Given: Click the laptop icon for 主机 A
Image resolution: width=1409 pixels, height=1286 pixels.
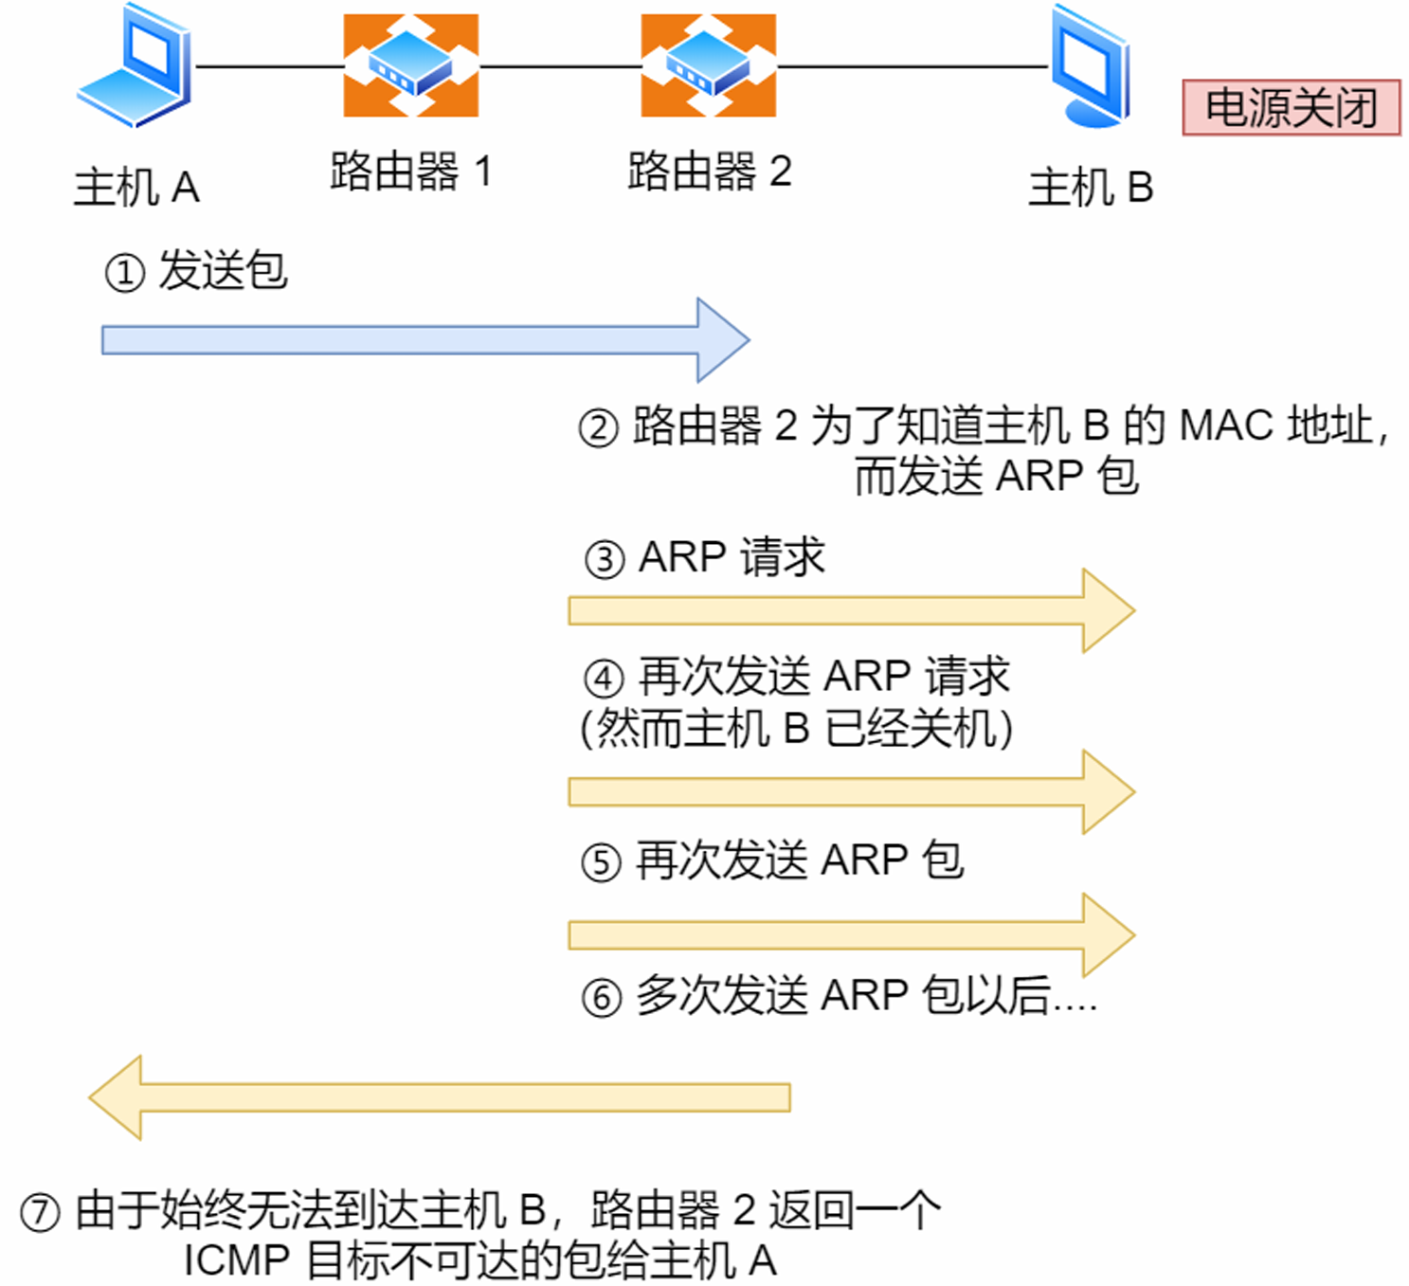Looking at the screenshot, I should click(x=135, y=66).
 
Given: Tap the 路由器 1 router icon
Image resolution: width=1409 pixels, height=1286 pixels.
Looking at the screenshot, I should click(x=410, y=65).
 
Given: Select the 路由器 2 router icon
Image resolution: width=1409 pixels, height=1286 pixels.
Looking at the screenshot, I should click(x=708, y=65).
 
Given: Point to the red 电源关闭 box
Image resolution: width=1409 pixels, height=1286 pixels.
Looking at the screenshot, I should click(x=1291, y=107).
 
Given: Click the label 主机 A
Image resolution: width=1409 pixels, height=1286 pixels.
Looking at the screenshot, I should click(x=136, y=187).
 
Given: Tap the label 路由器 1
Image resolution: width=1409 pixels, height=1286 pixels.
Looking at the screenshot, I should click(x=410, y=172).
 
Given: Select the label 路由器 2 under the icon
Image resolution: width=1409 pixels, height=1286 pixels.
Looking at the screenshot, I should click(x=709, y=172).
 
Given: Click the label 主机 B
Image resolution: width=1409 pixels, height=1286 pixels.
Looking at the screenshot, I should click(x=1091, y=187).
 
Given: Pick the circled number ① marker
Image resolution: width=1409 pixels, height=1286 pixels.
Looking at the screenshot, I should click(x=124, y=273).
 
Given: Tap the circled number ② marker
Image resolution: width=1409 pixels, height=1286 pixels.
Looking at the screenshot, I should click(x=598, y=427).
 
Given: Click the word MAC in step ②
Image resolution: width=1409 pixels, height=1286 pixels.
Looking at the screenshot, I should click(x=1226, y=426).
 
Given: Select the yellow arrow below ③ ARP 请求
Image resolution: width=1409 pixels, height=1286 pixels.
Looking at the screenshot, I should click(x=851, y=610).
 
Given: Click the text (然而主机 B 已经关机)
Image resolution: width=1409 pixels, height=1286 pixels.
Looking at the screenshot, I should click(x=796, y=728).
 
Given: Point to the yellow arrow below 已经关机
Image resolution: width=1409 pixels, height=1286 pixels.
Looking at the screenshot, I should click(x=851, y=791).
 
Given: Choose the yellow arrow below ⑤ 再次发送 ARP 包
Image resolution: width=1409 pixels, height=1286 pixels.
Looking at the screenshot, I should click(x=851, y=934).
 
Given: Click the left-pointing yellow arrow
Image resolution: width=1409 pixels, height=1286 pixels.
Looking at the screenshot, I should click(x=440, y=1097).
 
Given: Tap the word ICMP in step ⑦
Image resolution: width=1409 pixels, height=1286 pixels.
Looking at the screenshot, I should click(x=236, y=1260).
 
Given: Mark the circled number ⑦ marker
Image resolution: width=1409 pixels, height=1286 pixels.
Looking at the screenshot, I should click(x=41, y=1212).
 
